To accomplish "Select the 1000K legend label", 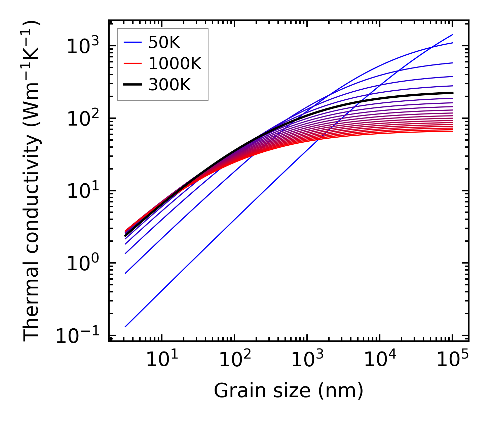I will coord(175,64).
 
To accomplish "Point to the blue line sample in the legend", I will coord(133,43).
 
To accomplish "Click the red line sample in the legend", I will coord(133,64).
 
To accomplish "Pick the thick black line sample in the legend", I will coord(133,85).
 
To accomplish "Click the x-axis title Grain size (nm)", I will coord(289,391).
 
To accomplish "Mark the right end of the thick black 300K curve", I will coord(452,93).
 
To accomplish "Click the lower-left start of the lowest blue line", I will coord(125,326).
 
